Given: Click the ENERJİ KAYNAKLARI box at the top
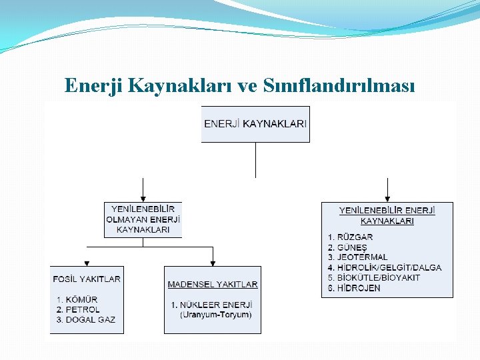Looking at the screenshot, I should [255, 123].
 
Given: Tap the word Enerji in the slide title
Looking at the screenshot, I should [92, 85].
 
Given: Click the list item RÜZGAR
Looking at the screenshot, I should [355, 237].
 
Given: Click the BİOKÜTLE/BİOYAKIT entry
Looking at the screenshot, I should [379, 277].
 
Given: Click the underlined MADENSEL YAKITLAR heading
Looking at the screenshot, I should [213, 284].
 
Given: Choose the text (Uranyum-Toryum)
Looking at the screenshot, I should [215, 314].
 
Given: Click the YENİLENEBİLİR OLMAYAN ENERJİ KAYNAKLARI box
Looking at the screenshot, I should [143, 219].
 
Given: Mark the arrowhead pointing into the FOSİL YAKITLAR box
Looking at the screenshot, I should [85, 262].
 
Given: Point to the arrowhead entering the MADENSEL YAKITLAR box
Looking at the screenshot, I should [213, 262].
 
